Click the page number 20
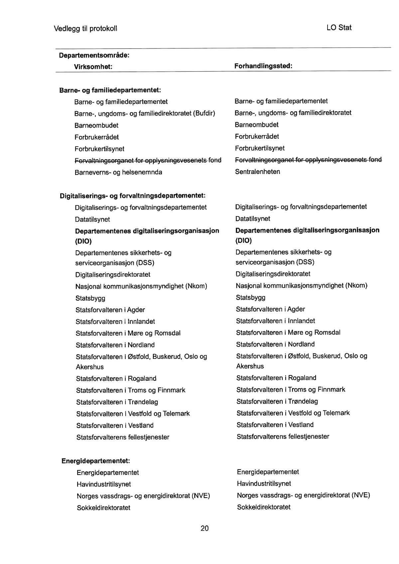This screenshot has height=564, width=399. click(204, 528)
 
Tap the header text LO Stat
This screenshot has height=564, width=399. click(339, 28)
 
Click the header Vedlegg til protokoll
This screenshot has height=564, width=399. click(85, 29)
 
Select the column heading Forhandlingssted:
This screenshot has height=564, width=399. click(263, 66)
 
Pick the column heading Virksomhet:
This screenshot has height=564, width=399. click(93, 67)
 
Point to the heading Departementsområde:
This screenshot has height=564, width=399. click(94, 55)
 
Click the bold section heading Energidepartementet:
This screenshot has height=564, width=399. click(96, 461)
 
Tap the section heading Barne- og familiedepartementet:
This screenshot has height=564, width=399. click(110, 90)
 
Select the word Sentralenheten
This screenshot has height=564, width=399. click(258, 172)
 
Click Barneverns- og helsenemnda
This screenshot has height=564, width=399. click(118, 172)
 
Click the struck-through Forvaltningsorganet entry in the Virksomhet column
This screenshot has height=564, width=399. click(148, 161)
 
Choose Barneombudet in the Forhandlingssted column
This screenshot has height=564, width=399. click(257, 125)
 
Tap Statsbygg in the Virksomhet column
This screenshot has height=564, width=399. click(90, 298)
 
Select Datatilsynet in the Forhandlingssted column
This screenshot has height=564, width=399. click(253, 219)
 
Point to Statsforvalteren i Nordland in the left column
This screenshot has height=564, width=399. click(115, 345)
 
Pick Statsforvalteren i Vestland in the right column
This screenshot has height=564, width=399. click(275, 425)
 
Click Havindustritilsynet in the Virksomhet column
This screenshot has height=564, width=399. click(104, 484)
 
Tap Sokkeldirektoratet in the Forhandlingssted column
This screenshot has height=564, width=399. click(264, 507)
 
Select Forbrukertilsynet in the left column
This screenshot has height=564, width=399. click(99, 149)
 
